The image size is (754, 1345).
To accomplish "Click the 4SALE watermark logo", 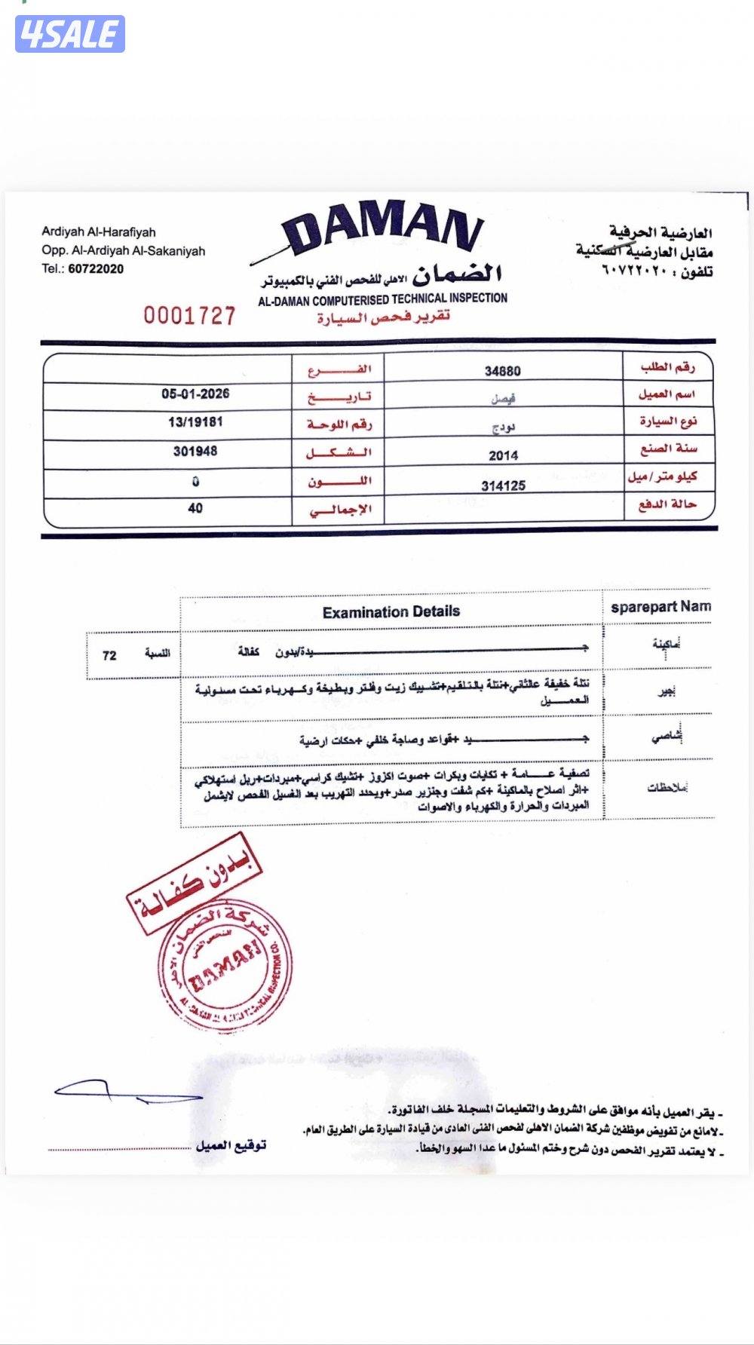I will (x=69, y=34).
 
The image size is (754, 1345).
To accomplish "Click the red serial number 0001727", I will (x=189, y=315).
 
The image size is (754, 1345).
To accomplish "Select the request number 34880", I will (x=502, y=370).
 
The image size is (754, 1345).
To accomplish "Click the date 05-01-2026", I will (x=195, y=394).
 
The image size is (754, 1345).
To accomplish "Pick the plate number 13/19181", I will (x=195, y=422).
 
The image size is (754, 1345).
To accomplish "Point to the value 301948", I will (x=195, y=451).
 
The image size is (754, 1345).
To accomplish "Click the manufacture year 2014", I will (x=503, y=455).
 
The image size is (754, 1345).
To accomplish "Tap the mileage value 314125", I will (x=503, y=486).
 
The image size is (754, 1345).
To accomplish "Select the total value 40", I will (x=195, y=508).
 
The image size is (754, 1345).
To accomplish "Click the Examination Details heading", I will (x=391, y=611).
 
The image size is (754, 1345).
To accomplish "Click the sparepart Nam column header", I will (x=661, y=607).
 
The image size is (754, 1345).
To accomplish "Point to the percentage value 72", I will (x=109, y=655).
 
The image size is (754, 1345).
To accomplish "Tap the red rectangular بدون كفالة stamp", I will (x=195, y=882).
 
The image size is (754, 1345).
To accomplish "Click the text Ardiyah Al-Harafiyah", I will (x=99, y=232).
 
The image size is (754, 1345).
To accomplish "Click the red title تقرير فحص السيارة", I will (x=383, y=317).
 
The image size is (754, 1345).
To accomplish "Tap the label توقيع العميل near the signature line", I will (x=231, y=1145).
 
